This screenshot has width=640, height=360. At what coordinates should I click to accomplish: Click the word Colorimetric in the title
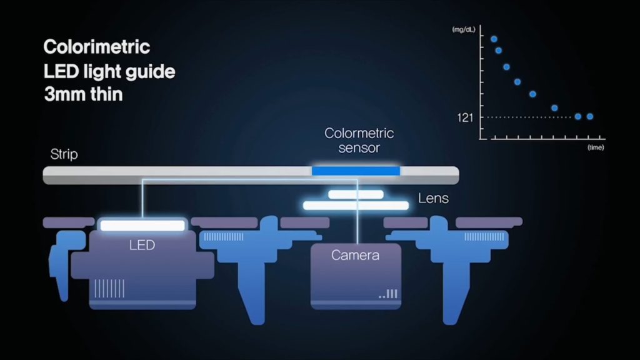(97, 47)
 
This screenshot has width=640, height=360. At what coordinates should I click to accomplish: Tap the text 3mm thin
(83, 96)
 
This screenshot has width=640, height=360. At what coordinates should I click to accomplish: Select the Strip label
(64, 154)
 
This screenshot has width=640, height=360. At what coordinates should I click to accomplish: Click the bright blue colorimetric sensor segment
(356, 171)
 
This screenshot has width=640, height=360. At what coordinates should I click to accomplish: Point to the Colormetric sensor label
(359, 141)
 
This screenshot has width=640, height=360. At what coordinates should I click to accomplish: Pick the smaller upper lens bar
(356, 194)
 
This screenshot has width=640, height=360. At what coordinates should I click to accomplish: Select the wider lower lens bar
(356, 205)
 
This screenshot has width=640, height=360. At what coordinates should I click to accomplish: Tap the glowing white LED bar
(142, 225)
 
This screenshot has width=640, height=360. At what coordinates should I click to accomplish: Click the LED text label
(142, 245)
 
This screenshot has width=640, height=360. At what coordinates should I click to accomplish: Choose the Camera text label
(356, 255)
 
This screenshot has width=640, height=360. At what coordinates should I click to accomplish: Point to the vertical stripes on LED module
(109, 288)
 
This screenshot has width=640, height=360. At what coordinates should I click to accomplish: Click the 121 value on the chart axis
(465, 117)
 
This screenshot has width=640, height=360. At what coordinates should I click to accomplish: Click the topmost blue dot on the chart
(494, 39)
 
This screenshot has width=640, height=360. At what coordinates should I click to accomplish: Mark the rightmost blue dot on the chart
(590, 116)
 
